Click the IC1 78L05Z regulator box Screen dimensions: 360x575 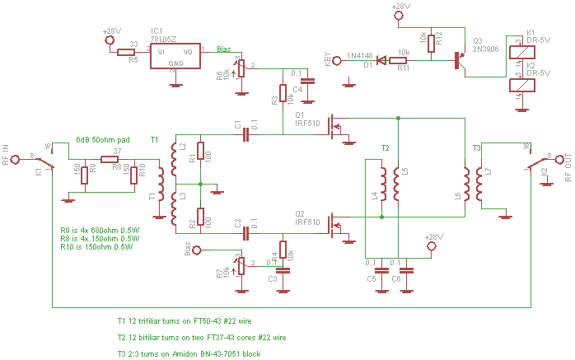point(175,55)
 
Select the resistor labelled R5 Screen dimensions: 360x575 point(126,52)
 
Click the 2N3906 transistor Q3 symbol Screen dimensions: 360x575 point(459,58)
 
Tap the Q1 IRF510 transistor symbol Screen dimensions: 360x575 point(334,126)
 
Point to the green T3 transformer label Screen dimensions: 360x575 point(476,147)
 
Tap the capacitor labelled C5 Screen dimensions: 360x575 point(382,270)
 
